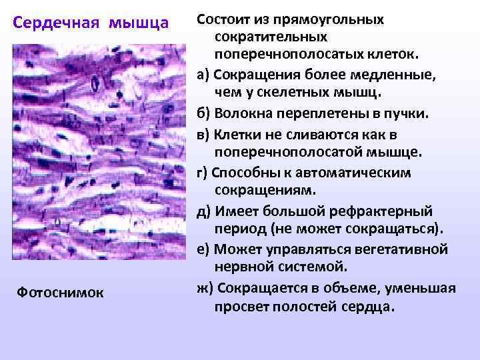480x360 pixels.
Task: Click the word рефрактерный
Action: pos(382,211)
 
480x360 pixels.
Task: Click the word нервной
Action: pos(246,268)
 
